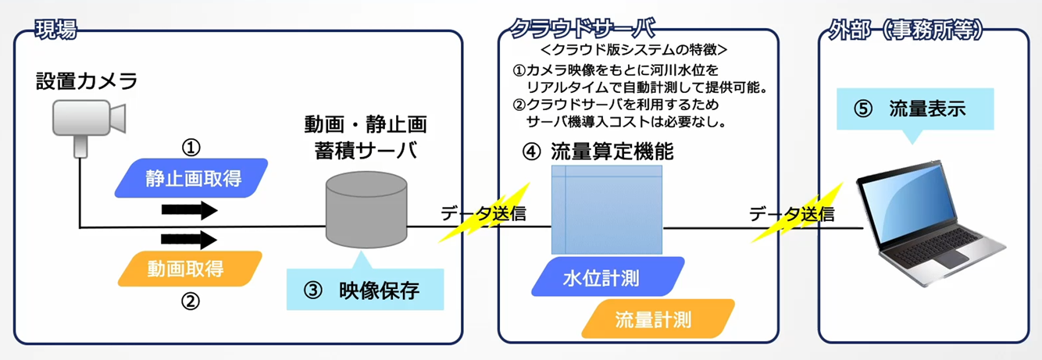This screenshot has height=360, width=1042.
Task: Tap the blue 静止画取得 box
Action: point(191,178)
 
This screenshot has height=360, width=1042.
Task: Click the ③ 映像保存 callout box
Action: point(365,291)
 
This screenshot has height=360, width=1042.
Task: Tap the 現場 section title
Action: point(55,31)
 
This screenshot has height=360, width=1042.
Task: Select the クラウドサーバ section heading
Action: point(582,29)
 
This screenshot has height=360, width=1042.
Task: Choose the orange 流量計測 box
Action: point(658,319)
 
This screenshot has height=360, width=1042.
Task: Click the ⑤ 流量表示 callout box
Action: point(915,109)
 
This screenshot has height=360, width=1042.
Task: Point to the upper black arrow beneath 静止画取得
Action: point(188,209)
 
